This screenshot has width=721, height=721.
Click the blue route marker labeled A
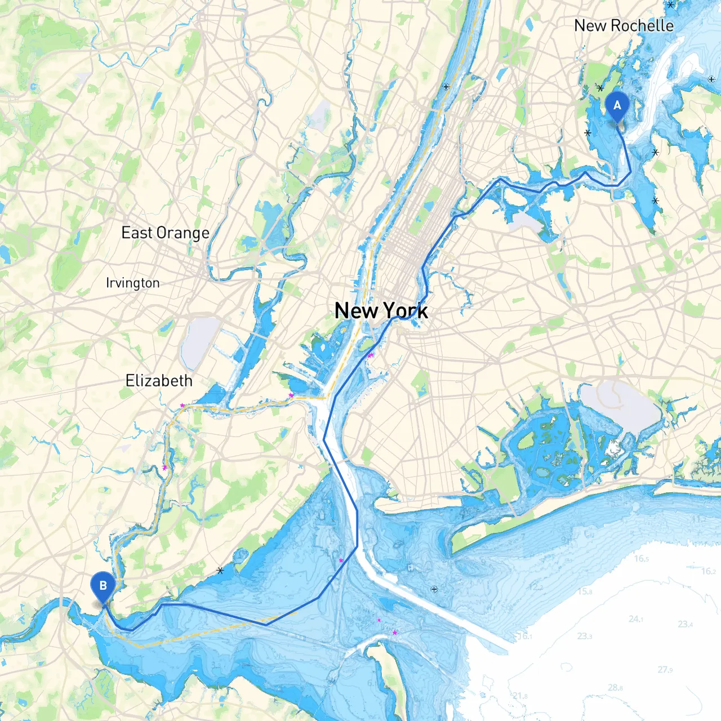click(x=617, y=106)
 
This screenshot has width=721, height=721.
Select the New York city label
click(x=381, y=310)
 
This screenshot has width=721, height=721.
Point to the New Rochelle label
click(x=624, y=26)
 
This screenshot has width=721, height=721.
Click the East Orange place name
click(x=165, y=233)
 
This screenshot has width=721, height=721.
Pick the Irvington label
click(x=133, y=283)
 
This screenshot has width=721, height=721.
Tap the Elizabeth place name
click(x=159, y=381)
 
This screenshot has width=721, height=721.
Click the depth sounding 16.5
click(x=641, y=559)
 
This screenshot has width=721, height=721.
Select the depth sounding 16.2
click(x=709, y=571)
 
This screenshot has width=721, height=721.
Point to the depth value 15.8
click(x=585, y=591)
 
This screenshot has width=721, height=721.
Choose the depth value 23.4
click(x=686, y=624)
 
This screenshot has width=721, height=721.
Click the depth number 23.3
click(x=585, y=636)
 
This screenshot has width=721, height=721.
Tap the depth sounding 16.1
click(x=524, y=636)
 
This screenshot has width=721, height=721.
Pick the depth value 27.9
click(x=665, y=670)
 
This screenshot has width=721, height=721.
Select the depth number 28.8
click(x=616, y=687)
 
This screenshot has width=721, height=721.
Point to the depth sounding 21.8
click(x=520, y=696)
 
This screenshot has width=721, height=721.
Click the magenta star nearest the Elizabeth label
click(x=182, y=405)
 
